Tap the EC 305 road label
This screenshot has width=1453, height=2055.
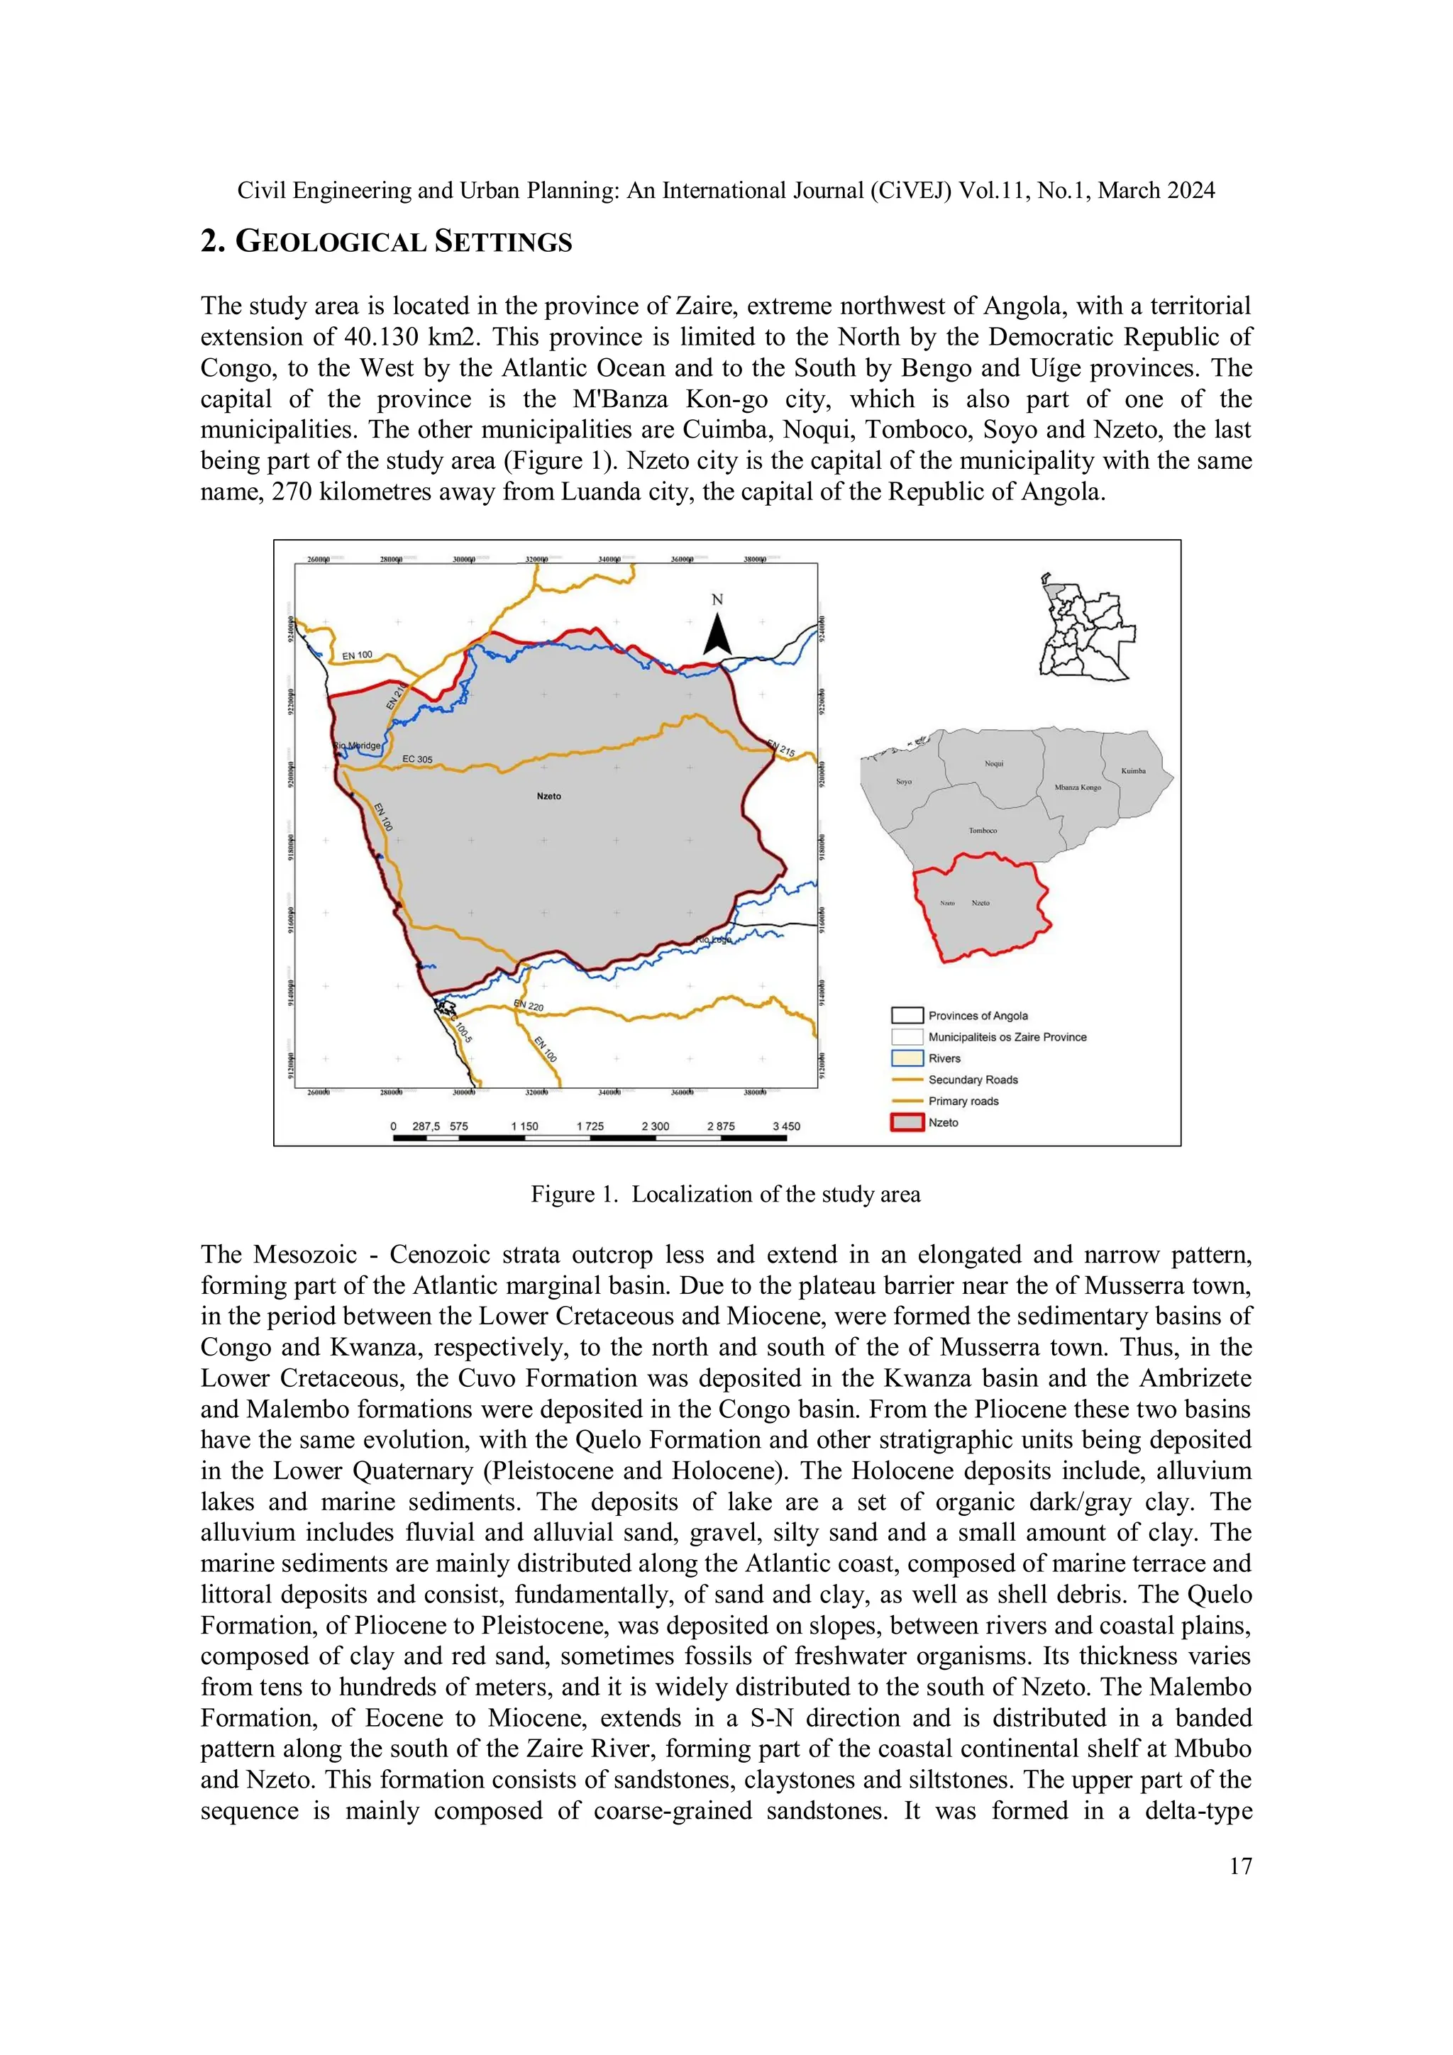pos(417,759)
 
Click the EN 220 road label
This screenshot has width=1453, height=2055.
pos(528,1005)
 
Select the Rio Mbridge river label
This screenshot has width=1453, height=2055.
pos(357,745)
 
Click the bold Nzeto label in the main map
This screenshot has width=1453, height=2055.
pos(549,796)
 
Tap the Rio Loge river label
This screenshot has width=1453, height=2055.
pos(714,939)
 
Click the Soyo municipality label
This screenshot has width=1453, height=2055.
pos(904,782)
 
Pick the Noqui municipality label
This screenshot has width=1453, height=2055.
pos(994,763)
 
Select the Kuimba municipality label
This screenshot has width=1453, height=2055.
pos(1134,770)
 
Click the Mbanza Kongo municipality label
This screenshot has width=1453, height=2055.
pos(1077,787)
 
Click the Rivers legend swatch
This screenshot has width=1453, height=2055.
pos(907,1058)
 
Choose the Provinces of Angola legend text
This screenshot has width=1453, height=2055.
pos(978,1016)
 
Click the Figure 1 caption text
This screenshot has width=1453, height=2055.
pos(725,1194)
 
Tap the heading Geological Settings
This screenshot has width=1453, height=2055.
pos(386,242)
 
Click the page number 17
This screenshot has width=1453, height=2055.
pos(1240,1866)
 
